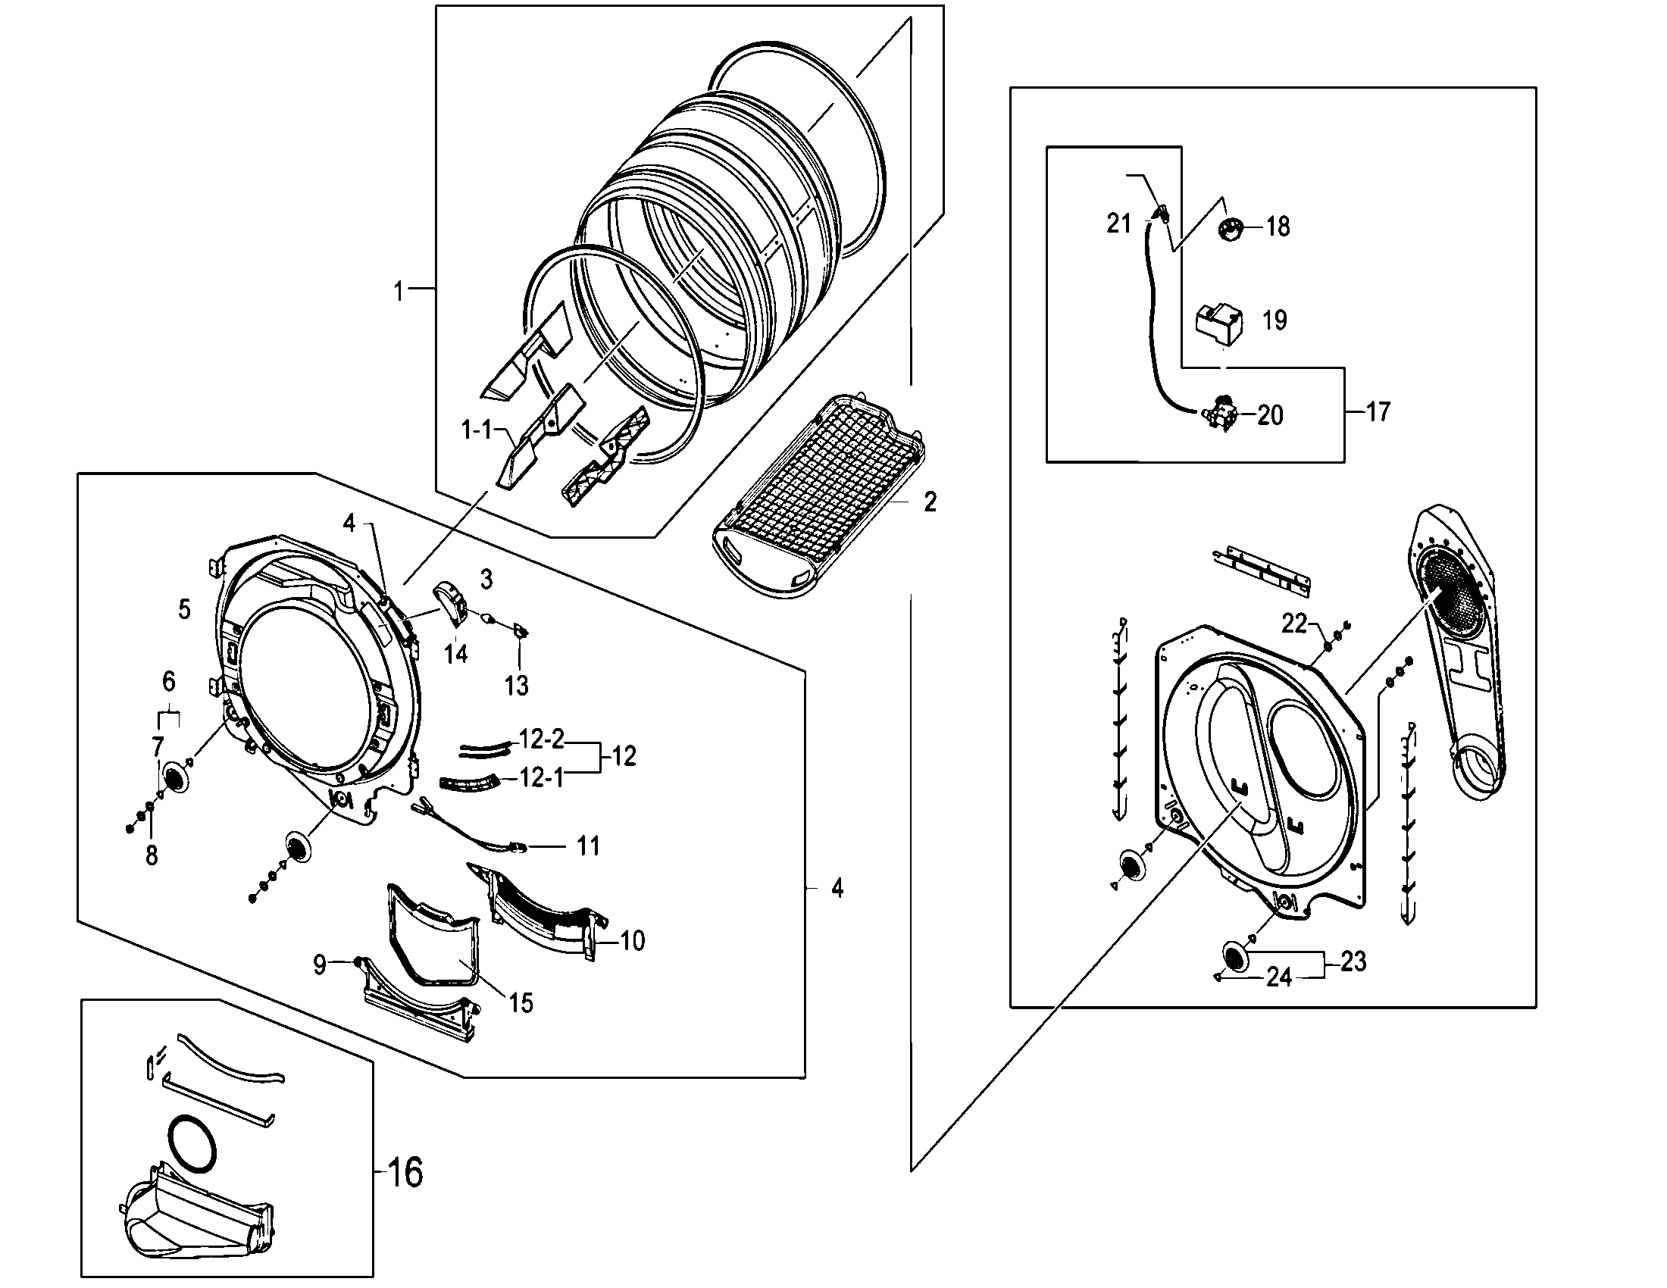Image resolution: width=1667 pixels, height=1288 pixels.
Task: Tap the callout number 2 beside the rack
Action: (930, 502)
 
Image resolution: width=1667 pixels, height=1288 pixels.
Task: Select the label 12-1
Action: (541, 777)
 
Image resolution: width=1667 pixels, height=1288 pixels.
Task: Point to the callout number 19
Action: (1274, 320)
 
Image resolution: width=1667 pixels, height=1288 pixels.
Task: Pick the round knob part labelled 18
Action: (1231, 227)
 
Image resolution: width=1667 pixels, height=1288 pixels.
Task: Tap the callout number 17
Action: (1378, 412)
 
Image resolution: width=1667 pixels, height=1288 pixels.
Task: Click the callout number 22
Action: (1294, 624)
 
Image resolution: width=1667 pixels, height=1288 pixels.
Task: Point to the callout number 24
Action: (1279, 977)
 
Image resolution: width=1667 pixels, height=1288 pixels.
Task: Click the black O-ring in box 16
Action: (191, 1145)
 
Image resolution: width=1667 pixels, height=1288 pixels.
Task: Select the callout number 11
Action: (588, 846)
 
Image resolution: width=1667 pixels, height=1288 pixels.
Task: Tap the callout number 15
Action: (521, 1002)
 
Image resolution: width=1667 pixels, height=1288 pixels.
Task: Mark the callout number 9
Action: (320, 965)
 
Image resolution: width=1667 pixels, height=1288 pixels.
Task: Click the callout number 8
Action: (151, 855)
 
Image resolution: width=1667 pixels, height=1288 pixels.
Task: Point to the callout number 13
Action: (517, 685)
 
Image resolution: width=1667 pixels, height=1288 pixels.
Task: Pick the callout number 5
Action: (184, 609)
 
